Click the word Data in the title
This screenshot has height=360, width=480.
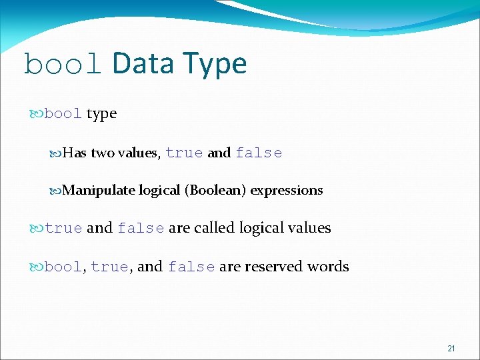click(143, 64)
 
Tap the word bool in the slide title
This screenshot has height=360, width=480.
click(63, 64)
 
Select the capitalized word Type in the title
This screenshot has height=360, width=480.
click(214, 64)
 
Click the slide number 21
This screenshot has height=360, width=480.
click(451, 349)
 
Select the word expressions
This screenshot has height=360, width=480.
click(287, 191)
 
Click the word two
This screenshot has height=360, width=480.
click(102, 153)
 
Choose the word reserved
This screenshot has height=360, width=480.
click(274, 267)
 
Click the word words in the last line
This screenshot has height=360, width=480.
click(328, 267)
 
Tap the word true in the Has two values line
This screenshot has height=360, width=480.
click(184, 153)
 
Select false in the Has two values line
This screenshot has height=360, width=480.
click(259, 153)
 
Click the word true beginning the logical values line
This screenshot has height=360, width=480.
click(63, 229)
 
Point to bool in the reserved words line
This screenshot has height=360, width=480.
click(63, 267)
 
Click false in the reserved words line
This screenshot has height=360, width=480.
click(191, 267)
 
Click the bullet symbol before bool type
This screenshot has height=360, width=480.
click(37, 114)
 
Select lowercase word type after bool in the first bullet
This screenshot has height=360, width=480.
click(101, 114)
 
